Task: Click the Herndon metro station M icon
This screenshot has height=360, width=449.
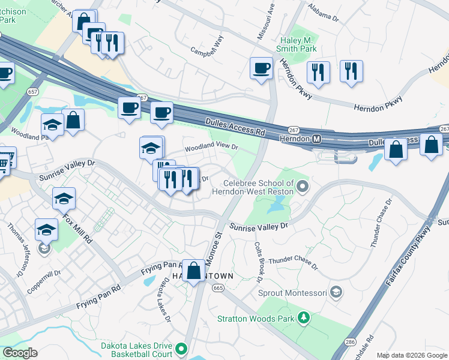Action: (x=316, y=139)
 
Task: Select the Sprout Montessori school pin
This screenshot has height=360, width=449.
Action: (x=337, y=293)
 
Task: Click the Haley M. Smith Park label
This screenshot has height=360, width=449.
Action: (x=298, y=44)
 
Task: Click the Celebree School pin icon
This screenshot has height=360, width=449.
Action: (x=303, y=187)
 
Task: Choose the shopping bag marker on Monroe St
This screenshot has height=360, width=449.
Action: (x=194, y=271)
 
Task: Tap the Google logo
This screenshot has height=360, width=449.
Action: (x=20, y=353)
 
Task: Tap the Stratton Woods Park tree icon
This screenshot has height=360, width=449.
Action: (x=304, y=317)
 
